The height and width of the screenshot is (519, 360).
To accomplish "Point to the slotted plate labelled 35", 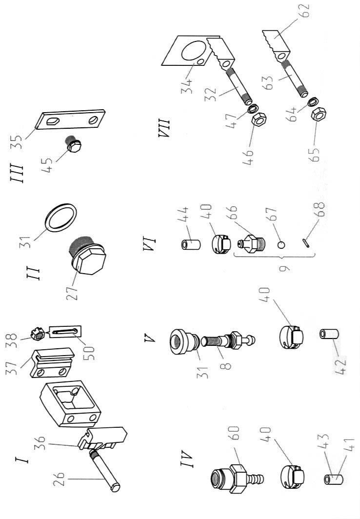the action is pos(70,119).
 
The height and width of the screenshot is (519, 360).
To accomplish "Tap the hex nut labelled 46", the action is pos(259,119).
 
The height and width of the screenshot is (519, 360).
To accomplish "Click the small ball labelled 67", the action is pos(281,244).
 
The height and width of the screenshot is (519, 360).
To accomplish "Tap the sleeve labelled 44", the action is pos(191,244).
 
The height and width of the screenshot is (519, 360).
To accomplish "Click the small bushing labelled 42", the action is pos(328,334).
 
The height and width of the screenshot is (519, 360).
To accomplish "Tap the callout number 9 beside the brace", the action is pos(284,267).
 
